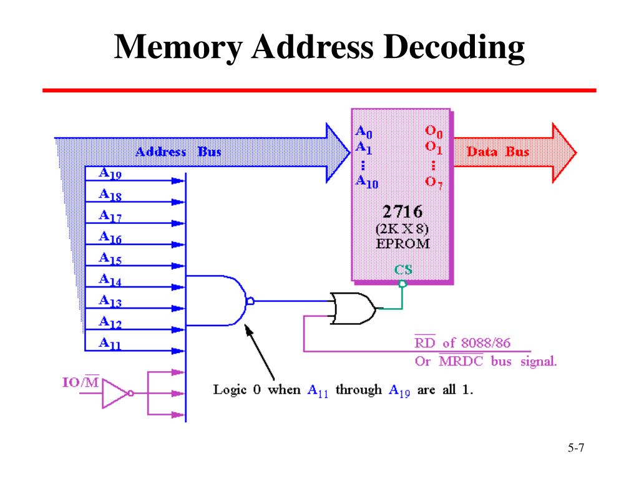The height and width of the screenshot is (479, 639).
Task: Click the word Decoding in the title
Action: pos(454,49)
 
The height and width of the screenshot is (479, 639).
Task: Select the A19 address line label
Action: pos(110,173)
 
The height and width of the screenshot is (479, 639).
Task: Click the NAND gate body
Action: pos(218,300)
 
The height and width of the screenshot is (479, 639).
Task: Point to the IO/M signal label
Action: pos(80,381)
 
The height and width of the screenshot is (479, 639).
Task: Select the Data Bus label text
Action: pos(498,152)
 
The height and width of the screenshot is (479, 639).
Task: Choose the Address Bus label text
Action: pos(178,152)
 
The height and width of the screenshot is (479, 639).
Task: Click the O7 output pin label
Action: pos(434,181)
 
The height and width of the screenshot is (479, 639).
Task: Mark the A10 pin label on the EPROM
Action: pos(366,181)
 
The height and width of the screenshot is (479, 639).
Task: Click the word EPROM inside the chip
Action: pos(402,243)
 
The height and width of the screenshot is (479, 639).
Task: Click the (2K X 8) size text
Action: pos(402,229)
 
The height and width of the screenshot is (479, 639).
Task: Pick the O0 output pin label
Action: pos(434,132)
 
